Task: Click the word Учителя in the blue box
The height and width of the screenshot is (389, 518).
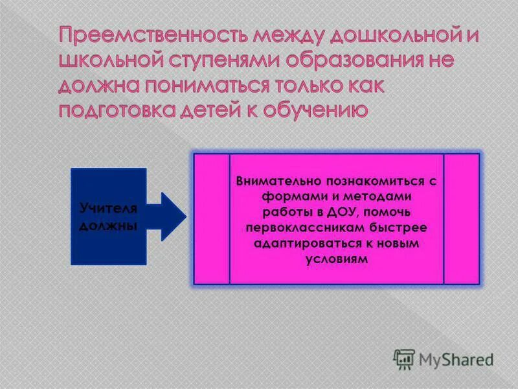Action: point(108,208)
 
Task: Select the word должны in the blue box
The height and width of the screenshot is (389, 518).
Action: point(108,226)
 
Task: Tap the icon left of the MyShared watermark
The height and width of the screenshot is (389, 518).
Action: point(405,359)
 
